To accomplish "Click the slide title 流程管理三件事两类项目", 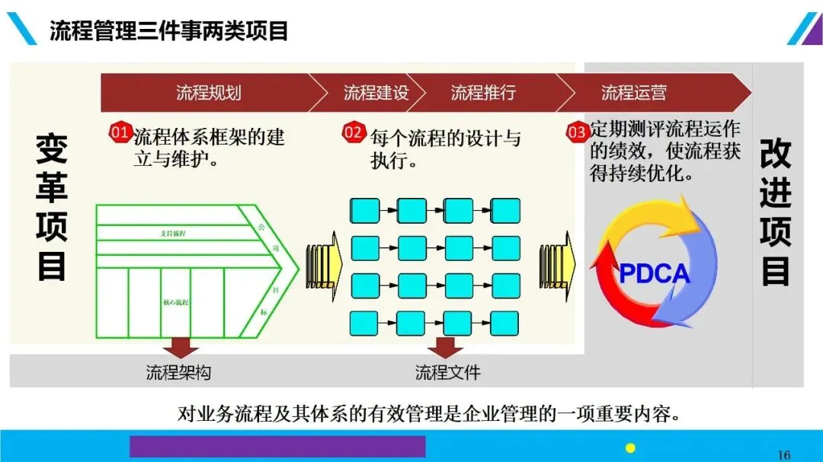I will click(x=168, y=31).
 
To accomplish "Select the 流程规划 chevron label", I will click(x=208, y=93).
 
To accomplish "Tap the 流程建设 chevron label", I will click(x=376, y=93).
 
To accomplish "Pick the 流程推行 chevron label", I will click(x=483, y=93).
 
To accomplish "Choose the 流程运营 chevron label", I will click(x=633, y=93).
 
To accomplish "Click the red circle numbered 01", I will click(x=121, y=132).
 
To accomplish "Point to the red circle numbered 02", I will click(x=354, y=132).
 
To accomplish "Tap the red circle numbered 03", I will click(x=577, y=132).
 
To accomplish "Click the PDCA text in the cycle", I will click(x=654, y=273).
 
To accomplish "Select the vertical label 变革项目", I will click(x=51, y=207).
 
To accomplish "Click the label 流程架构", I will click(x=178, y=372).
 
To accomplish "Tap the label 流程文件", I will click(x=447, y=372).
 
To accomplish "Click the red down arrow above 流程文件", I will click(x=445, y=346).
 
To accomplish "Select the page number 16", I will click(x=783, y=454).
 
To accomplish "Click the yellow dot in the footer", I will click(x=630, y=448).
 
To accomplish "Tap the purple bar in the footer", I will click(x=277, y=446).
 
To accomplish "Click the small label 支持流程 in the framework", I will click(x=173, y=233).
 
